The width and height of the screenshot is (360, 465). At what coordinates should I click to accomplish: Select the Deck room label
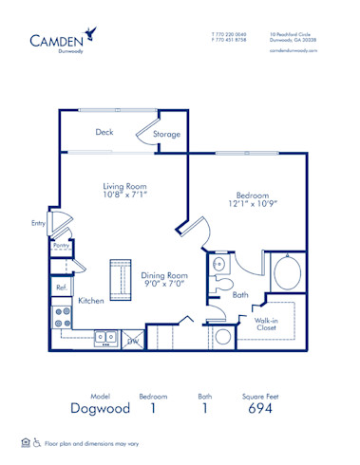(104, 133)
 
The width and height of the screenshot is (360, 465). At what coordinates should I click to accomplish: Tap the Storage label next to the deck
(167, 135)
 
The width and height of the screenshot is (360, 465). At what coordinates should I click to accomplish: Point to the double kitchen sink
(105, 336)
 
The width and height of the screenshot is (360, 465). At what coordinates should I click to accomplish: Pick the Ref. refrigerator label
(61, 286)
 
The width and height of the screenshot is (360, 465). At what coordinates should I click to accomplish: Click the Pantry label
(61, 245)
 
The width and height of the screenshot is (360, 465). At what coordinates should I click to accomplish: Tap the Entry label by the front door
(38, 224)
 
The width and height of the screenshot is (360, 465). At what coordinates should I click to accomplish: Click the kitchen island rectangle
(120, 276)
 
